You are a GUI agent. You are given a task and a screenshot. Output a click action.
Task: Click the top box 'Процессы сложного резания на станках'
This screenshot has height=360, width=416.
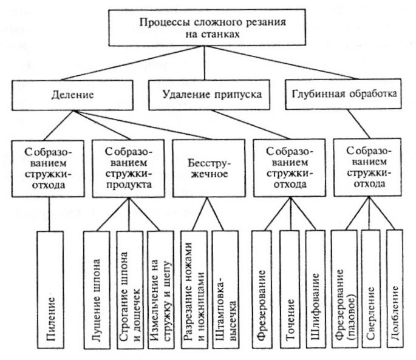pos(207,27)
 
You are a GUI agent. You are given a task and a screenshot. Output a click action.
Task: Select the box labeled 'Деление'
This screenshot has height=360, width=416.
pos(72,95)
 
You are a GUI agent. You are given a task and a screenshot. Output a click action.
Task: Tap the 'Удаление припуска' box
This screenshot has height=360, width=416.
pos(209,95)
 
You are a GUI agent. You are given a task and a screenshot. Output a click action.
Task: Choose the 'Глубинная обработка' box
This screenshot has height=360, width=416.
pos(343,94)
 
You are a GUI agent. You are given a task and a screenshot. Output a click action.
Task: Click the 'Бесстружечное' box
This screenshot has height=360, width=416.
pos(209,168)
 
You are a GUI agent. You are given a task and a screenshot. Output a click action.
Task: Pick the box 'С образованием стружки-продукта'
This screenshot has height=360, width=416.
pos(128,168)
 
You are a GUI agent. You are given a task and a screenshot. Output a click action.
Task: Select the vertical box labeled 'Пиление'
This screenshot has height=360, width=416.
pos(50,290)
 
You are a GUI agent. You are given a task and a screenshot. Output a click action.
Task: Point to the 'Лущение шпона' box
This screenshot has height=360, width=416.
pos(97,290)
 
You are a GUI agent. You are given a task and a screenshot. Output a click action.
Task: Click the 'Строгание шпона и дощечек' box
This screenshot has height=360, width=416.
pos(130,290)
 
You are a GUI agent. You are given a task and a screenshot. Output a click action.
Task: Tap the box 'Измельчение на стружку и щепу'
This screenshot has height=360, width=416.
pos(161,290)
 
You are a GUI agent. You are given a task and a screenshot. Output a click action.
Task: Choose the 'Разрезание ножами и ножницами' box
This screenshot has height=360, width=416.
pos(194,290)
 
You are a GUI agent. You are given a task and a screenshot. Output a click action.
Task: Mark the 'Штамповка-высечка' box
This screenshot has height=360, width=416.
pos(225,290)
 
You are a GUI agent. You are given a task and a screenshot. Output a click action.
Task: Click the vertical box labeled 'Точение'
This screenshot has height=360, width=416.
pos(290,289)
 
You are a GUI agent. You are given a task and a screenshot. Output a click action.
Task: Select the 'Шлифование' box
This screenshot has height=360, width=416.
pos(316,289)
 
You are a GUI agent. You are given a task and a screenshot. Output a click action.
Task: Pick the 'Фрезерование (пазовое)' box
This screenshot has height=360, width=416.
pos(344,289)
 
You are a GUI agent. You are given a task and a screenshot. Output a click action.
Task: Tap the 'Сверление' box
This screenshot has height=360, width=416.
pos(370,288)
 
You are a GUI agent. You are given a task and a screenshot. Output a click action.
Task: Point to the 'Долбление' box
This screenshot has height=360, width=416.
pos(395,288)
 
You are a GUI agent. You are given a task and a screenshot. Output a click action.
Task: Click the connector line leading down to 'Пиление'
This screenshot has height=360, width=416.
pos(49,214)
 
